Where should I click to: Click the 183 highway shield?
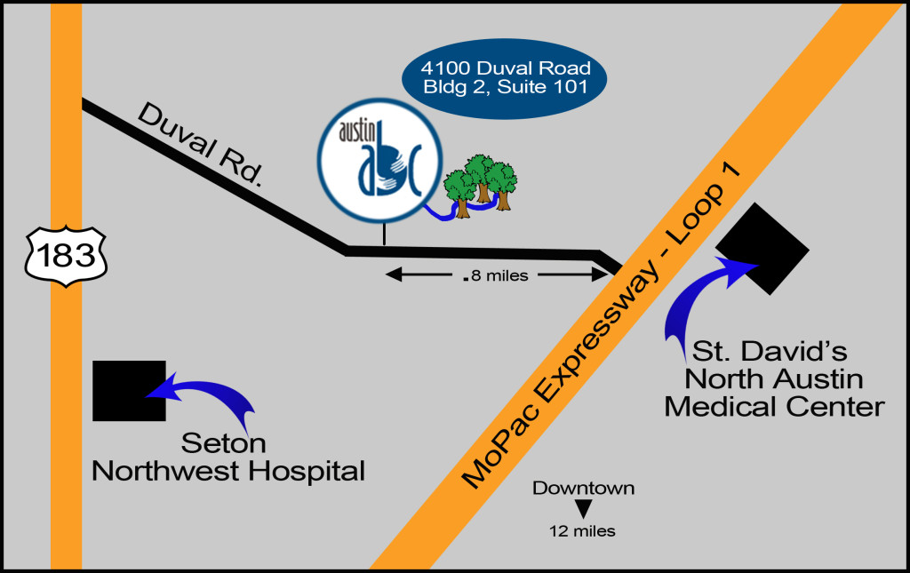(68, 256)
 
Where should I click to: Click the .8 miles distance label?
(496, 275)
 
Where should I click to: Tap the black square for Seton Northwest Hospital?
(129, 390)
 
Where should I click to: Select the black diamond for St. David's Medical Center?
(762, 249)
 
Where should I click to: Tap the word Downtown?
(583, 488)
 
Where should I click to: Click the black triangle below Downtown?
(583, 509)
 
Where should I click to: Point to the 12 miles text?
(583, 531)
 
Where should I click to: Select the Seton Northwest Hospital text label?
(228, 457)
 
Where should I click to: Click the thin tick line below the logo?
(384, 234)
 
